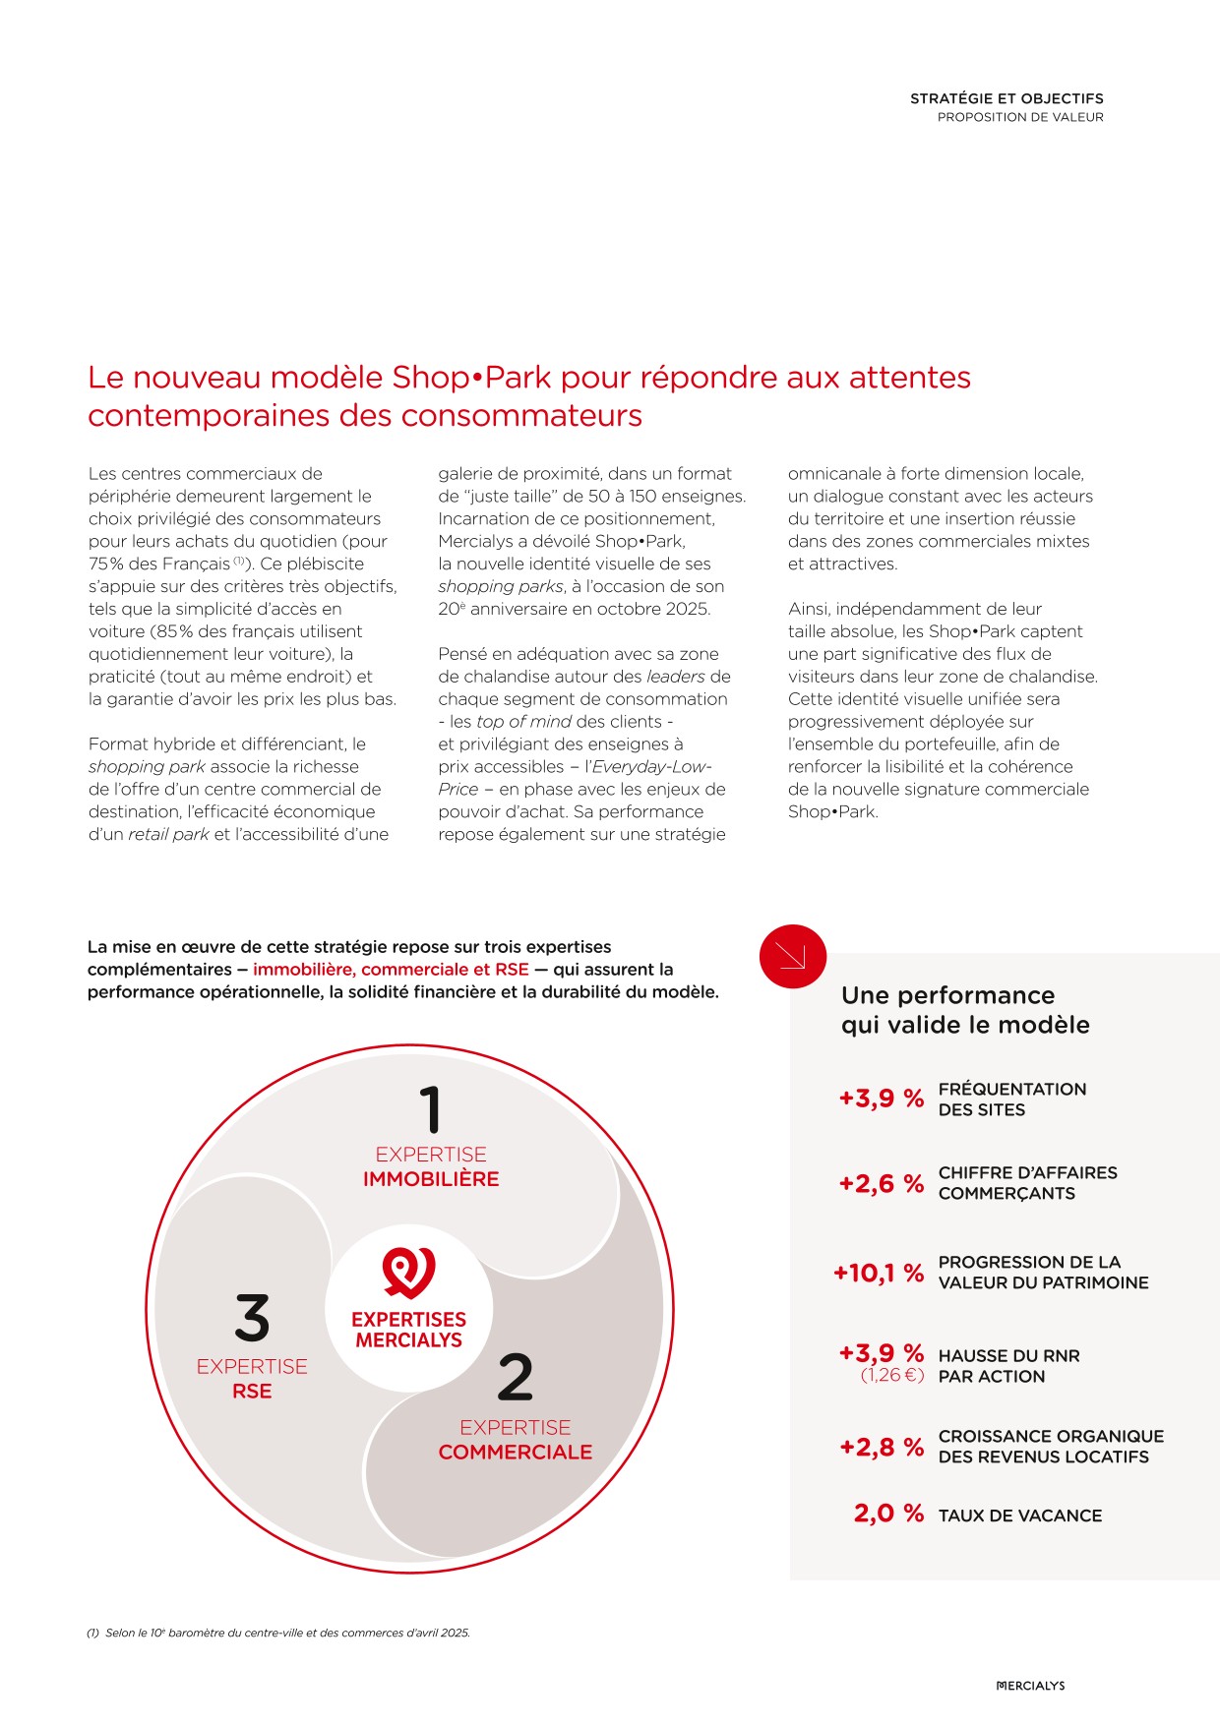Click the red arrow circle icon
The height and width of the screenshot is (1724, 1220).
pos(792,956)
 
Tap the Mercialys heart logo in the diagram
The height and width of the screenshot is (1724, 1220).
pos(409,1274)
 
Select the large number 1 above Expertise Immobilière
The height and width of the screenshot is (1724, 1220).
pos(430,1109)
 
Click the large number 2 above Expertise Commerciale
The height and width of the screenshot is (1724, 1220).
pos(515,1377)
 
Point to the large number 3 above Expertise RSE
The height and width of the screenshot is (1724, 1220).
pos(252,1318)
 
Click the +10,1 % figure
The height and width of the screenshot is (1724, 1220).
pos(879,1274)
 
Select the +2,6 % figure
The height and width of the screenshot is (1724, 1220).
pos(882,1183)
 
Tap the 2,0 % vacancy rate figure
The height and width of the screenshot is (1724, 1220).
pos(888,1514)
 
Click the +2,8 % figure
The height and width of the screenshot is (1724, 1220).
pos(882,1447)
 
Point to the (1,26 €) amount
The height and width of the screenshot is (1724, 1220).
pos(892,1375)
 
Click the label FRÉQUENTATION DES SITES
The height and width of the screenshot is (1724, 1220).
pos(1012,1100)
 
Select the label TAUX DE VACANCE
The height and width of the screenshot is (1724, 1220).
pos(1020,1516)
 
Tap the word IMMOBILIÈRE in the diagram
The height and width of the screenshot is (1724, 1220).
pos(431,1179)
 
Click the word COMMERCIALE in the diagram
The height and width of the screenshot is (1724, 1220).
pos(516,1453)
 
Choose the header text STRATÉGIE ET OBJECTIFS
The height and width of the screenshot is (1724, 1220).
pos(1006,98)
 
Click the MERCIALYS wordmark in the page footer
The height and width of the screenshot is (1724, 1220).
pos(1030,1686)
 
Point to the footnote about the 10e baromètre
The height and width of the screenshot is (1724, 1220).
pos(279,1633)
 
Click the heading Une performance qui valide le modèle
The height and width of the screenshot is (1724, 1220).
pos(965,1010)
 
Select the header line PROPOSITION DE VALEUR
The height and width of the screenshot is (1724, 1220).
pos(1020,117)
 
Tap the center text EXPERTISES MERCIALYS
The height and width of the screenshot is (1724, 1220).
pos(409,1330)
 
